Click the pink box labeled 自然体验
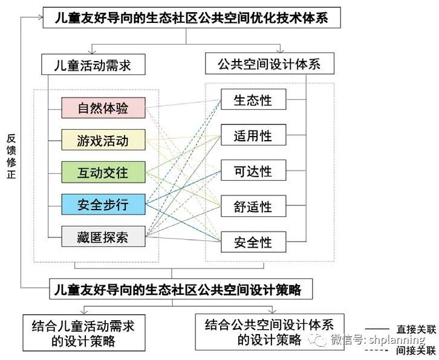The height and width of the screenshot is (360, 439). (103, 108)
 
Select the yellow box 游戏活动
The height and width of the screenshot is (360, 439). (103, 141)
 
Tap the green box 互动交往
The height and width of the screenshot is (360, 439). (103, 172)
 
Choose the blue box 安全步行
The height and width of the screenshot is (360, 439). (103, 204)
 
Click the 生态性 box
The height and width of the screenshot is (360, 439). (253, 100)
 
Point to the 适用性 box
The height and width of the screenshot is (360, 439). (253, 136)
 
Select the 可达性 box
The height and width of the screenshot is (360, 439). (253, 172)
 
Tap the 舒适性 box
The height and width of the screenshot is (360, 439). (253, 207)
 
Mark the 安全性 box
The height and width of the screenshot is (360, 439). (253, 243)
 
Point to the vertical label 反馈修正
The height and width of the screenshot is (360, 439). (11, 156)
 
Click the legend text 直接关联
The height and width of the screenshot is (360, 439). (416, 330)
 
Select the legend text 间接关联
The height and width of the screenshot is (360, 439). (416, 350)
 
